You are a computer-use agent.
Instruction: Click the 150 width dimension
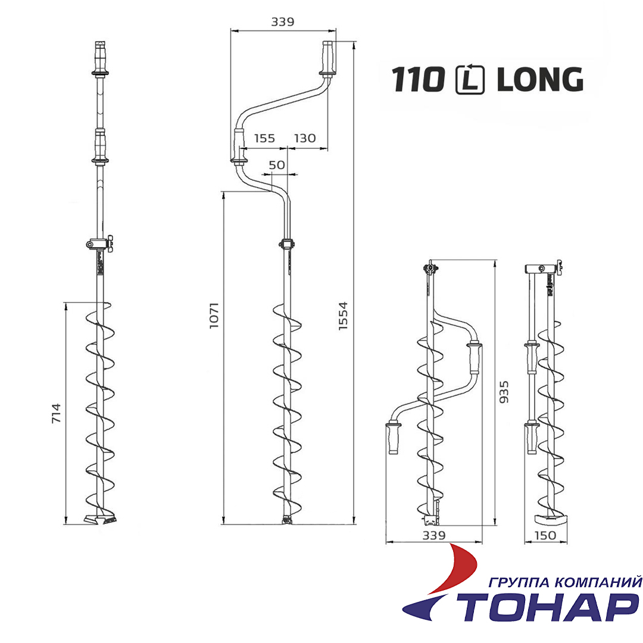[545, 535]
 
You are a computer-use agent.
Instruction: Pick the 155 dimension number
[264, 138]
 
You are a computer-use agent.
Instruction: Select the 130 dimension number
[305, 138]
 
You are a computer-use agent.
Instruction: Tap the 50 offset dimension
[277, 165]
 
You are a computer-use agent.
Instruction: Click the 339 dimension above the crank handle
[283, 22]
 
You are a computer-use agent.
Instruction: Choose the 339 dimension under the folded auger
[433, 535]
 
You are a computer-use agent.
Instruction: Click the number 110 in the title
[419, 80]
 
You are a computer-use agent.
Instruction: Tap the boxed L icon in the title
[470, 80]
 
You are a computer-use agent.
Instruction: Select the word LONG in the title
[539, 80]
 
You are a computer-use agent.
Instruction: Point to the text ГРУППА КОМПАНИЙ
[564, 582]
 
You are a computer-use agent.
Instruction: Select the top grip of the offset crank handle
[327, 58]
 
